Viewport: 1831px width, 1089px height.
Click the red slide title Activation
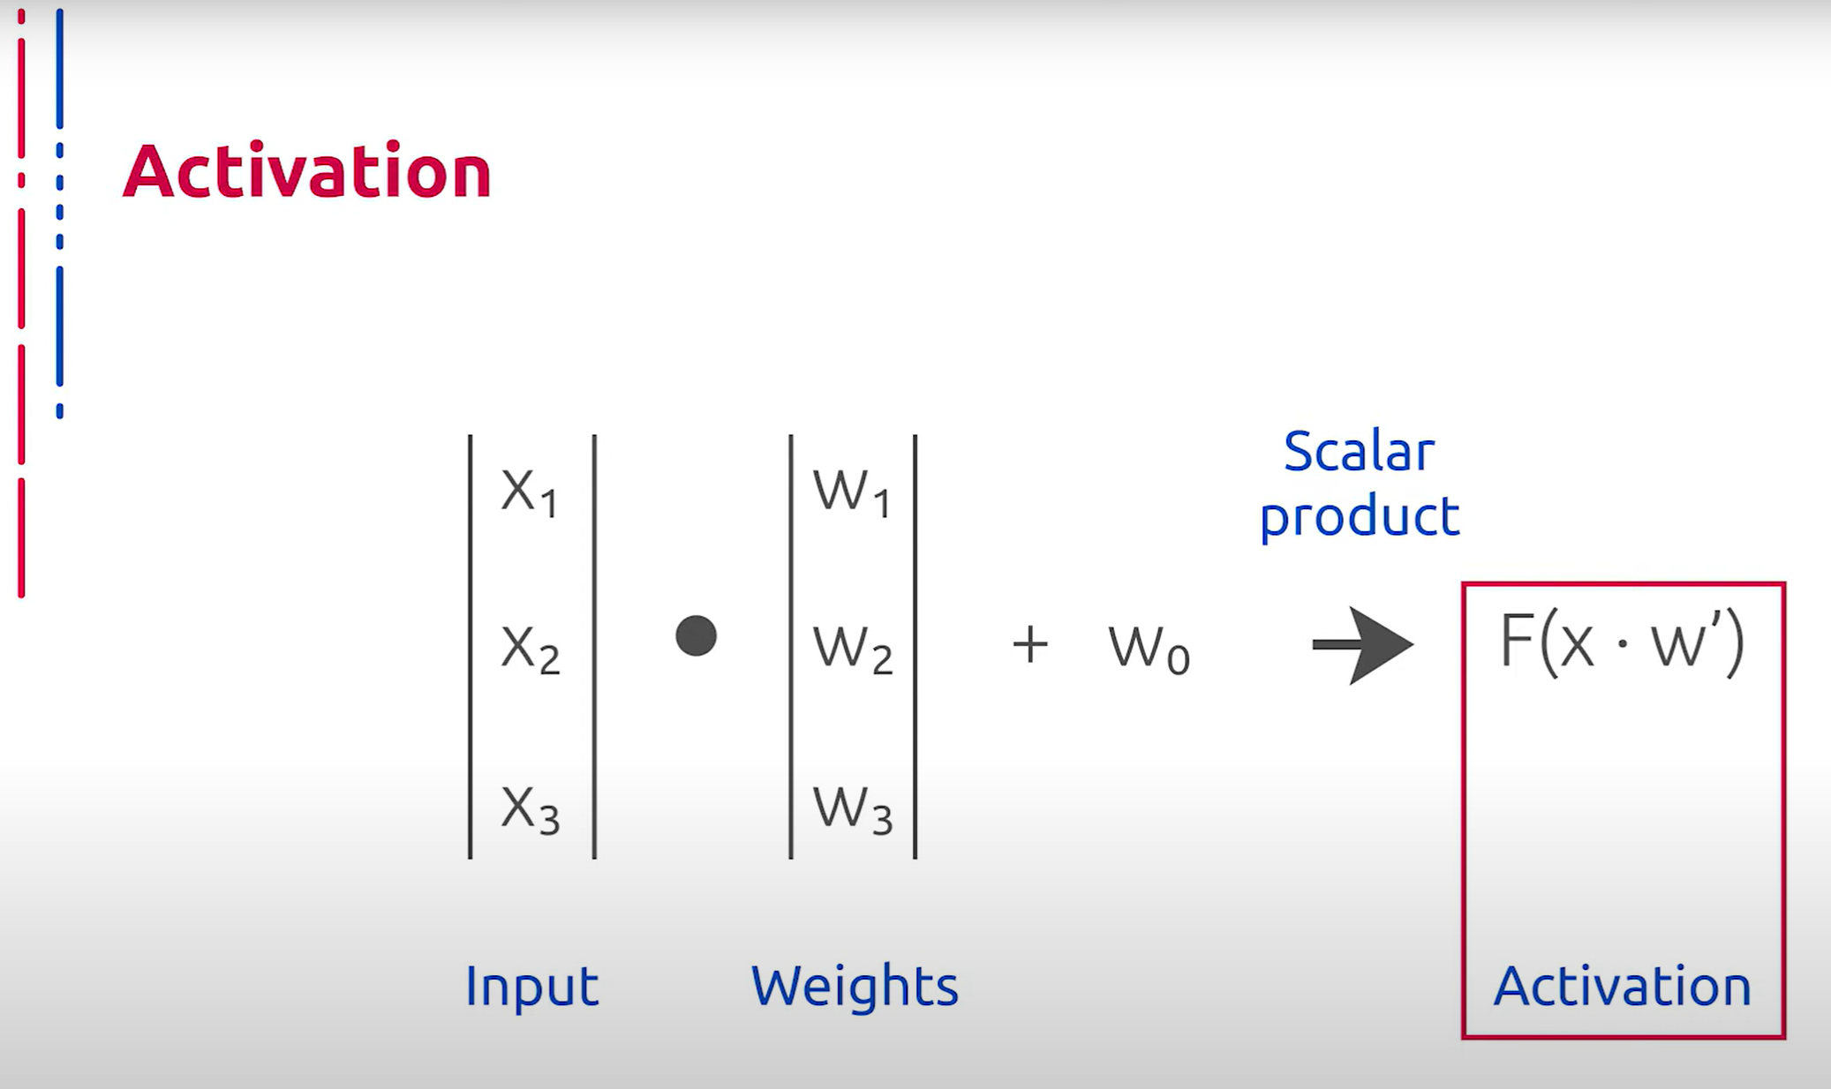point(306,170)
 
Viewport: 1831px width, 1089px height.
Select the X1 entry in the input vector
point(529,492)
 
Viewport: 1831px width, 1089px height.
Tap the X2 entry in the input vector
point(530,650)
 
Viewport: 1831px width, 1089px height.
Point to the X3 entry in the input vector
point(530,809)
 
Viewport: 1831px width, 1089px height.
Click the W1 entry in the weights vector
point(852,492)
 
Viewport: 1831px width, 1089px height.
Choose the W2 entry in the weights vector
point(853,650)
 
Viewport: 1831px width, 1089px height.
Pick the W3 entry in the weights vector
point(853,809)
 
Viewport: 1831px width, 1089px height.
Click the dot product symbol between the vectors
point(696,635)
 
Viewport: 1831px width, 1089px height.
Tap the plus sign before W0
point(1030,644)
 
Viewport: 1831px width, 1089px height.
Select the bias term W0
point(1149,650)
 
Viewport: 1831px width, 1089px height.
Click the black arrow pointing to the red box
point(1362,645)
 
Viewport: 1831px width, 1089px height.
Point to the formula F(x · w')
point(1622,642)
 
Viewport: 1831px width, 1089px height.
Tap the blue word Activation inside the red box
point(1623,986)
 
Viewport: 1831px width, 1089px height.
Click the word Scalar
point(1359,452)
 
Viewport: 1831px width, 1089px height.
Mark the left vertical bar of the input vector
point(471,646)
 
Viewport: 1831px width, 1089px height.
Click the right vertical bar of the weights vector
point(915,646)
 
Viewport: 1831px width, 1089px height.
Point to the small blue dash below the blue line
point(60,410)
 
